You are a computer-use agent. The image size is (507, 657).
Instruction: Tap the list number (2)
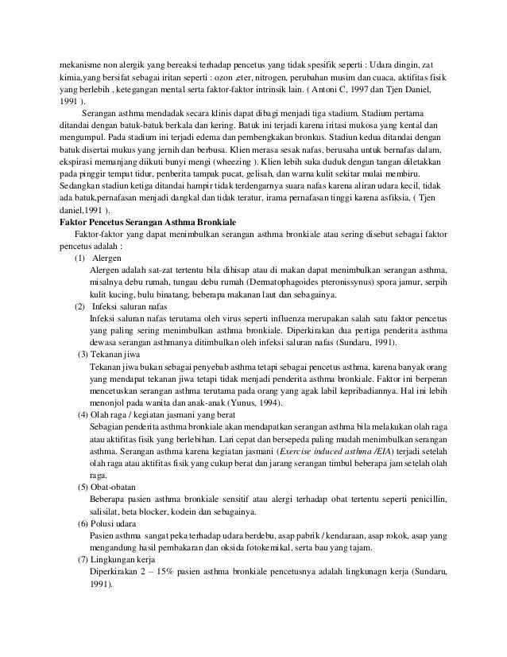81,305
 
